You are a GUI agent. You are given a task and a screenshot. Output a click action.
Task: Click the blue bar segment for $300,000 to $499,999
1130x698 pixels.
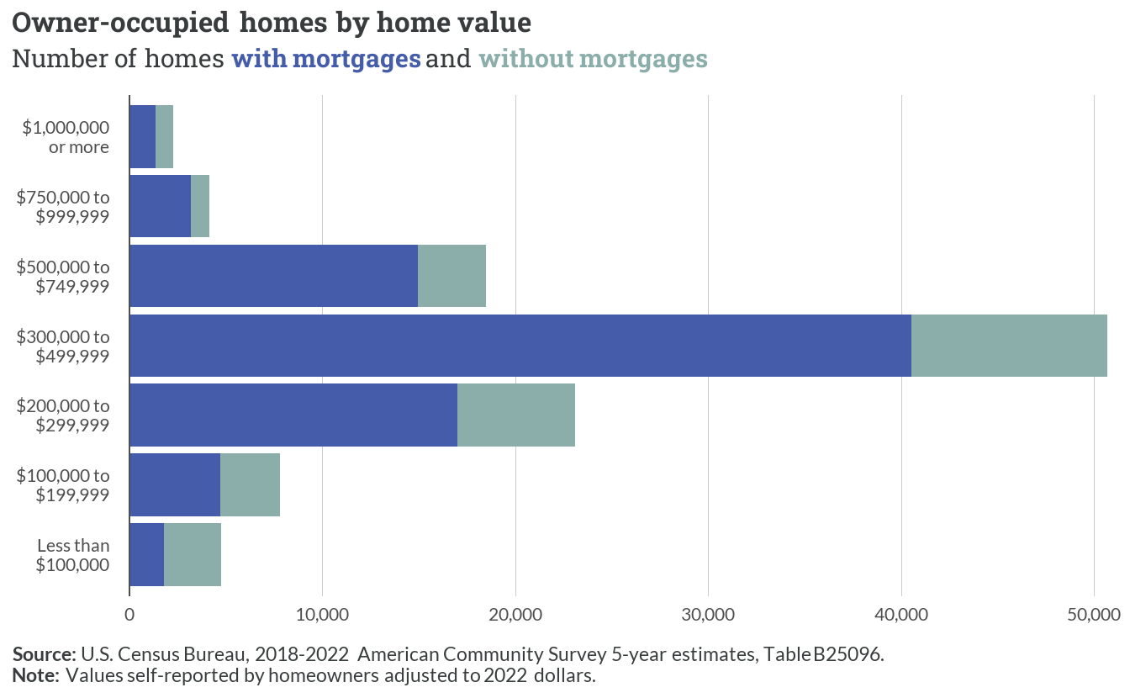520,346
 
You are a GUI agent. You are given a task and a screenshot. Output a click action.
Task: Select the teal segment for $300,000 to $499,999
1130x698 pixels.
1010,346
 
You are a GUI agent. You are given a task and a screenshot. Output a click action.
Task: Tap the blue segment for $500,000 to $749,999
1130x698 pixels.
274,276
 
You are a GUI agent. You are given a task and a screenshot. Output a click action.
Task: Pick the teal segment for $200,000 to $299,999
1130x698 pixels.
516,415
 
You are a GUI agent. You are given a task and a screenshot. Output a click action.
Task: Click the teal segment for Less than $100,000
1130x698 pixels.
193,555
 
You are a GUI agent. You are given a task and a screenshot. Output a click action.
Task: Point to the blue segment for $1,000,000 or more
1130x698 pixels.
143,137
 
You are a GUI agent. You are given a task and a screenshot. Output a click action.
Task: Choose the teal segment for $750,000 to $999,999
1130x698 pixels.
200,206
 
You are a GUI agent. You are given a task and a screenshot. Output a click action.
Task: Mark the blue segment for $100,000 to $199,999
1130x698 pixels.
175,484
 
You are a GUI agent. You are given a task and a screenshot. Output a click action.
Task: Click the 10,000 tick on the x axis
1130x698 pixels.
322,615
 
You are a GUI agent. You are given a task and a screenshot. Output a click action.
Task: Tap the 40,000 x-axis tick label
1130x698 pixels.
901,615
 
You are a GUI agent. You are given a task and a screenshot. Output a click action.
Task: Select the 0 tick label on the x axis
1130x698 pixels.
129,615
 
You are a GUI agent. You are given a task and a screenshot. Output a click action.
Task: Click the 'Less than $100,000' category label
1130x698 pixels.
72,555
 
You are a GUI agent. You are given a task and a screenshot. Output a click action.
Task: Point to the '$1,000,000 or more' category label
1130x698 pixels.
66,137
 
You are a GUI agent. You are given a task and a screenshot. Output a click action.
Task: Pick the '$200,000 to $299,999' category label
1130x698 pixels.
63,415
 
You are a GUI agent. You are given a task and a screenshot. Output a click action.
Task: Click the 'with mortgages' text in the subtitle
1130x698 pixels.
326,59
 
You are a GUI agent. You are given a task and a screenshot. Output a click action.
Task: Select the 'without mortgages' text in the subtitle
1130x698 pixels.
594,59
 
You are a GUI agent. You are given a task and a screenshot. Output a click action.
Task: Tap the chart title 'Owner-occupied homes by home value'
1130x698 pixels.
272,24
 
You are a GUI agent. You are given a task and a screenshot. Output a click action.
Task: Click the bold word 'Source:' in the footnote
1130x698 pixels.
44,654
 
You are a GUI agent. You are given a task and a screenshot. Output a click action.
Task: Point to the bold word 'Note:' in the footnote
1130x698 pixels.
36,675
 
